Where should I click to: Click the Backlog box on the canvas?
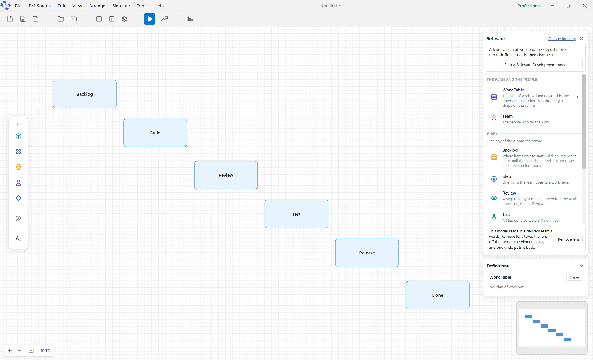[85, 94]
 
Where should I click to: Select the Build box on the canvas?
[155, 133]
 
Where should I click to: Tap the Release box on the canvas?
[367, 253]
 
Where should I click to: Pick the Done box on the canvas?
[438, 295]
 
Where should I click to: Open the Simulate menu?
[121, 6]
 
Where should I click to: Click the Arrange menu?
[97, 6]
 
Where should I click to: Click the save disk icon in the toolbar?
[35, 19]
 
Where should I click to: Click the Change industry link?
[562, 39]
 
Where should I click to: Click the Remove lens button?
[568, 239]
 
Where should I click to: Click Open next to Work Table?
[574, 278]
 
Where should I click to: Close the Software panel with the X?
[581, 39]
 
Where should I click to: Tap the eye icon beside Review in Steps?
[494, 198]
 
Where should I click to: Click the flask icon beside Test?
[494, 217]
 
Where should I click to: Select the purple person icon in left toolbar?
[18, 183]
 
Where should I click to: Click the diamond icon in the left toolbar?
[18, 198]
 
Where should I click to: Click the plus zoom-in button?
[10, 351]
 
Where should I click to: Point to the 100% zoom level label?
[45, 351]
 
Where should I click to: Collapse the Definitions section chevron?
[581, 266]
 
